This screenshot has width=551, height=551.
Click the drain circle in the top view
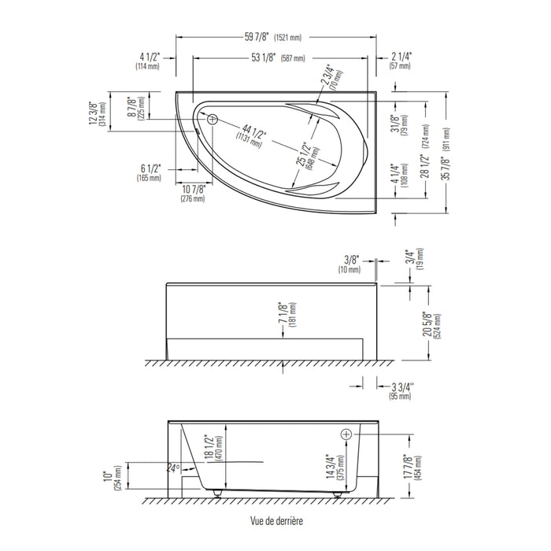click(x=213, y=120)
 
